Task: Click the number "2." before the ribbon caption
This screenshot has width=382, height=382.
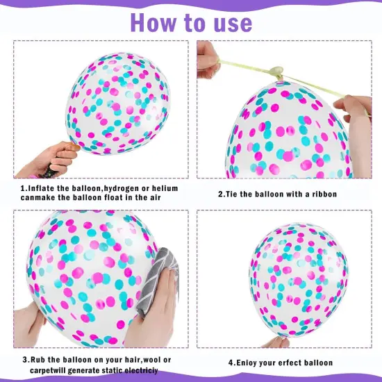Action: coord(222,194)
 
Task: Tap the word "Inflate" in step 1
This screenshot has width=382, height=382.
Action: coord(43,188)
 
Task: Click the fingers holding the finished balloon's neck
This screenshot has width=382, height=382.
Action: coord(278,342)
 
